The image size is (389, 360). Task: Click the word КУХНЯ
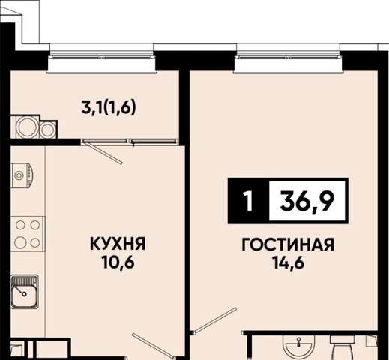tap(118, 244)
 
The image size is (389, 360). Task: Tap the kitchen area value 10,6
tap(118, 262)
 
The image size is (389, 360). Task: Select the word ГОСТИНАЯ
tap(288, 244)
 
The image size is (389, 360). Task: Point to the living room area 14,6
tap(289, 262)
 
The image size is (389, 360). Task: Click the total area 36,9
tap(307, 201)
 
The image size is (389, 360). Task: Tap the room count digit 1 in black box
tap(248, 201)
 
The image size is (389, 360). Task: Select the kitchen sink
tap(25, 292)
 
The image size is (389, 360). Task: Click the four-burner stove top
tap(28, 234)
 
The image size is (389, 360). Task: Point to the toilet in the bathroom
tap(342, 348)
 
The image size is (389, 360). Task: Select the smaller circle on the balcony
tap(47, 130)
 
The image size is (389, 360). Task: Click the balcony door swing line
tap(103, 152)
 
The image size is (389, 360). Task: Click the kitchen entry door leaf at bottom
tap(153, 346)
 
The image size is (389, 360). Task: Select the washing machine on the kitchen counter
tap(22, 175)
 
